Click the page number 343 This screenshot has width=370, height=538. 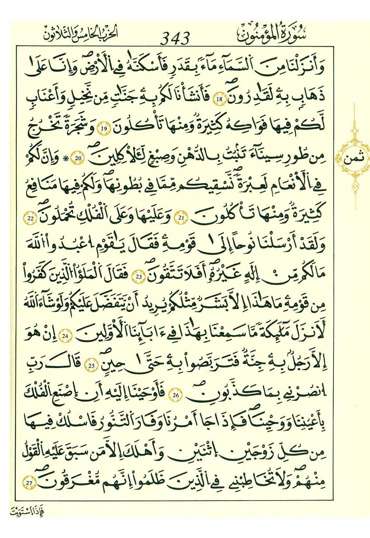pyautogui.click(x=175, y=38)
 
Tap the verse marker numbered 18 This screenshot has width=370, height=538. pyautogui.click(x=219, y=100)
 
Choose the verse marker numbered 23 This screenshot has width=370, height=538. pyautogui.click(x=139, y=277)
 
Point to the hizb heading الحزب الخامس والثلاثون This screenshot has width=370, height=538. pyautogui.click(x=80, y=34)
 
